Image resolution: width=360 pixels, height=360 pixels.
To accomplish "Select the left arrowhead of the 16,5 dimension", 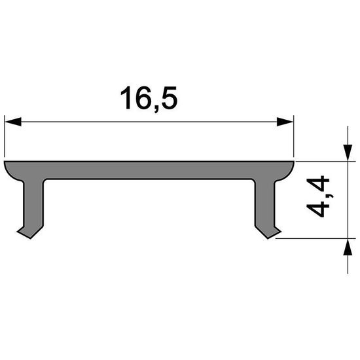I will (x=13, y=121).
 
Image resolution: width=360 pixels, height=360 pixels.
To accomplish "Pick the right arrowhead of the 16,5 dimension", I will (x=285, y=121).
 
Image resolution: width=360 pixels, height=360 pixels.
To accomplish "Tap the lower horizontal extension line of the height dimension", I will (x=314, y=240).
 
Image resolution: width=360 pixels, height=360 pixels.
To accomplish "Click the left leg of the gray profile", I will (x=33, y=203).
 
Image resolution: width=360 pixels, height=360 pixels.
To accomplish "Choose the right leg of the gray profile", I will (x=265, y=203).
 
